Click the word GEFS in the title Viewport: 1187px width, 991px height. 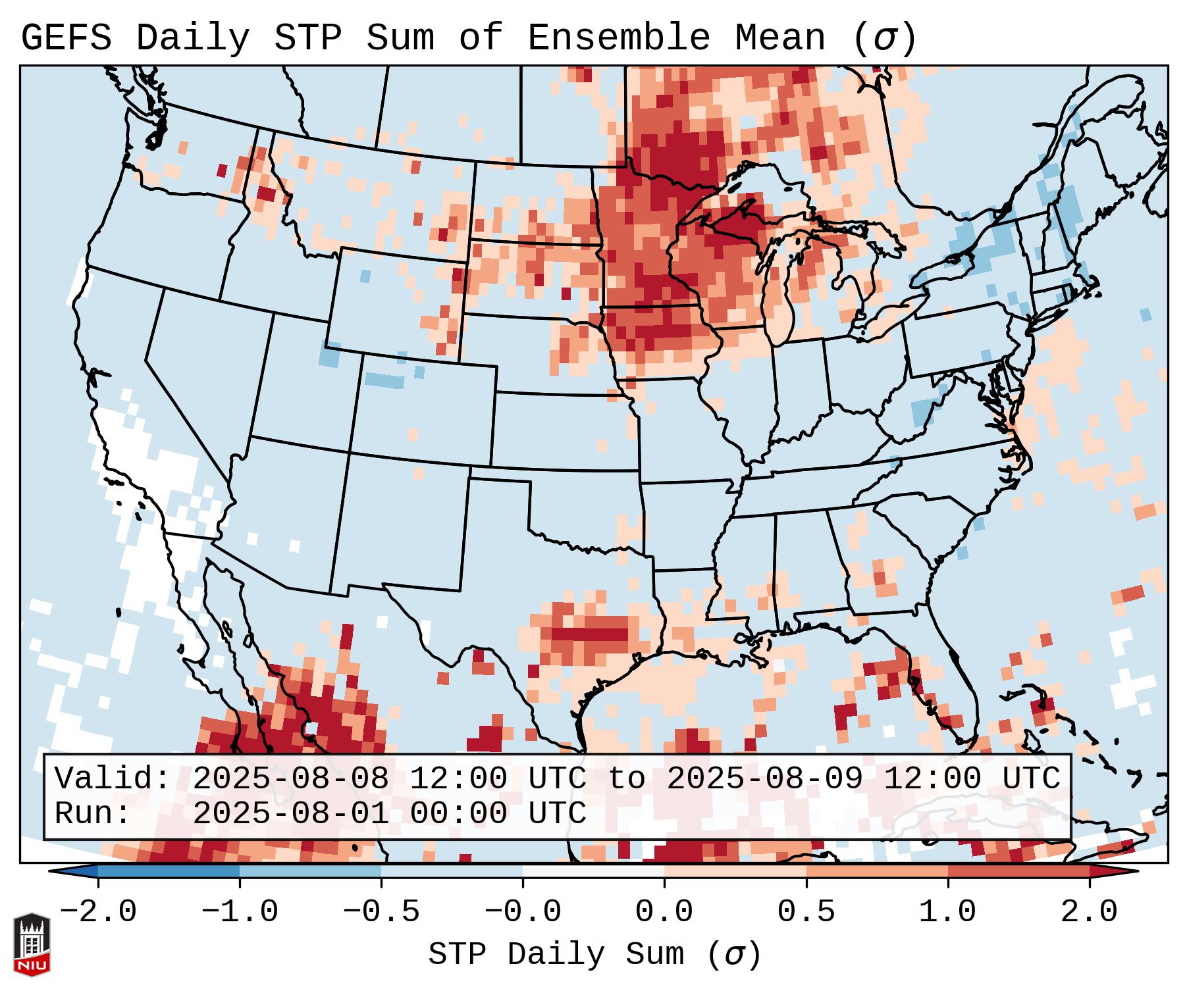[66, 38]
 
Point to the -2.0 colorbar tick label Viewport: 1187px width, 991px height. [98, 912]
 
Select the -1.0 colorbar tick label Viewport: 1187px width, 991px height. [240, 912]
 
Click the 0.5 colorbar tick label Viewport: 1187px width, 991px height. [806, 912]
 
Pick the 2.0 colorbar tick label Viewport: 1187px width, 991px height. [1089, 912]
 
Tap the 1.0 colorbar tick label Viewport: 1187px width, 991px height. [947, 912]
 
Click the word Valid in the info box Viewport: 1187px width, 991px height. [109, 778]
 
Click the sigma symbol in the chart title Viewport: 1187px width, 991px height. [884, 38]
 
